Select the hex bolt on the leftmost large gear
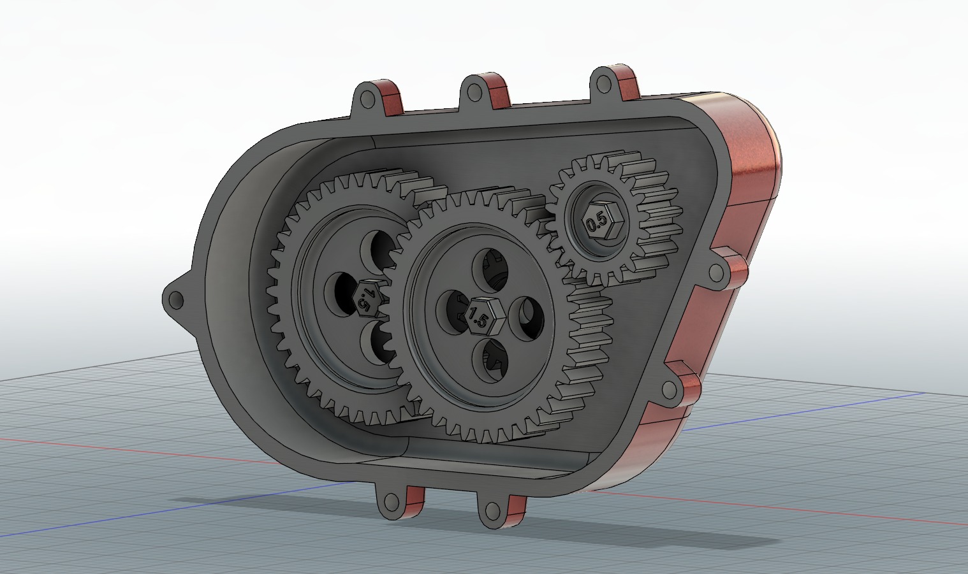tap(366, 297)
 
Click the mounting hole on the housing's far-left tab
tap(175, 299)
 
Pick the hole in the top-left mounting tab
tap(367, 99)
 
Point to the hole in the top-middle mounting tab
tap(473, 92)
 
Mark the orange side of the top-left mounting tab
tap(393, 99)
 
